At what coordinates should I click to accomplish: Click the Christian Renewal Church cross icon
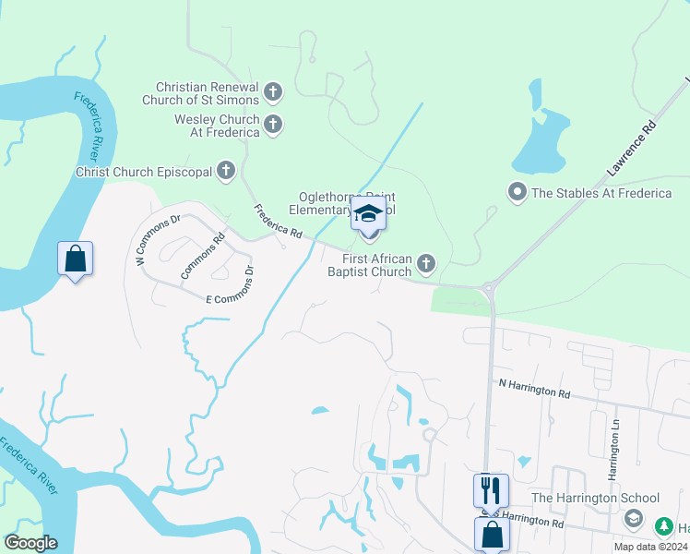(x=272, y=92)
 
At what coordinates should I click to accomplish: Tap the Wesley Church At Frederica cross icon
(x=272, y=125)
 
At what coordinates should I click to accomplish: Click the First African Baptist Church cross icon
(x=425, y=265)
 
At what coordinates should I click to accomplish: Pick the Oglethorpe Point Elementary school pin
(x=368, y=215)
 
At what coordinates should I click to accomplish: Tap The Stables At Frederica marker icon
(x=517, y=192)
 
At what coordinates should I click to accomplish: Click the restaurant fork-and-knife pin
(x=491, y=489)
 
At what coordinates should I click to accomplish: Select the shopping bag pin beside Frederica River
(x=75, y=259)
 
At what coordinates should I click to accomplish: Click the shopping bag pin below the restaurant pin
(x=491, y=534)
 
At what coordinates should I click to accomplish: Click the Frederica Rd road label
(x=279, y=223)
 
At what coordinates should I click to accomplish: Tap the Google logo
(x=30, y=543)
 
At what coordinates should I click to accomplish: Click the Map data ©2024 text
(x=651, y=547)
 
